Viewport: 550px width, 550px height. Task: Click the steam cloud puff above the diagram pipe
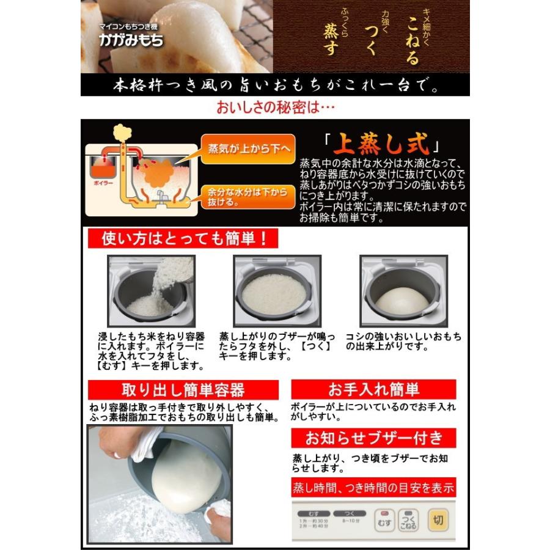click(x=122, y=133)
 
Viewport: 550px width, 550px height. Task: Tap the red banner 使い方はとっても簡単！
click(x=182, y=238)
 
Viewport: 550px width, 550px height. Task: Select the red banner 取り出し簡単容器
click(x=183, y=390)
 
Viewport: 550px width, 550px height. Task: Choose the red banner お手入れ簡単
click(x=373, y=389)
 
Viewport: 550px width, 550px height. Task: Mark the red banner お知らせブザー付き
click(x=373, y=438)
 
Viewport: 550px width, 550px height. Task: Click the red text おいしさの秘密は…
click(x=276, y=108)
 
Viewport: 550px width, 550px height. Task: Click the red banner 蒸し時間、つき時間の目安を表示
click(x=373, y=488)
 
